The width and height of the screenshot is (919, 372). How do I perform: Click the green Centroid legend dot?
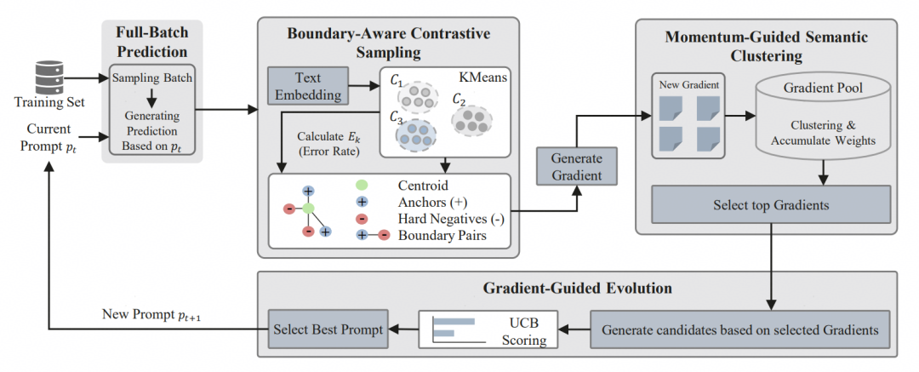pos(361,185)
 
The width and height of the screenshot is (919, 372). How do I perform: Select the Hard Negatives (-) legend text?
pos(451,218)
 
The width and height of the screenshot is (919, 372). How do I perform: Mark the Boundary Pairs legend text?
pos(443,235)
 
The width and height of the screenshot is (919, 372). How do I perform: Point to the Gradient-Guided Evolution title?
pos(577,288)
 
